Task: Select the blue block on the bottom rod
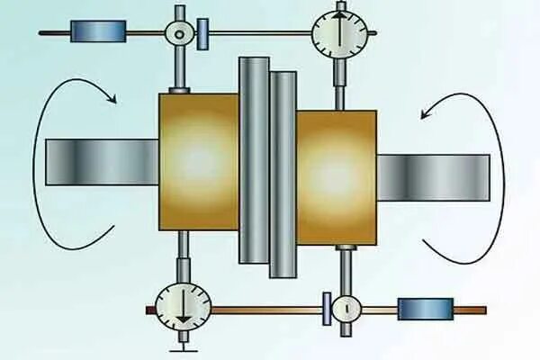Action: (x=426, y=309)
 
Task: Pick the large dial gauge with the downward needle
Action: (x=183, y=306)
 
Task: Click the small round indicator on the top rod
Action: (x=180, y=33)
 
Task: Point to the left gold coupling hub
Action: (x=199, y=162)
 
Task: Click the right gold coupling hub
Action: (x=336, y=176)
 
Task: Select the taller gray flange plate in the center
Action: (x=254, y=160)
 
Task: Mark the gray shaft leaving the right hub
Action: (x=433, y=176)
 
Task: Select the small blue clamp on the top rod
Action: (x=203, y=34)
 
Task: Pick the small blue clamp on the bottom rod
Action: (x=323, y=309)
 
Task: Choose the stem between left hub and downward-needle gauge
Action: (x=183, y=257)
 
